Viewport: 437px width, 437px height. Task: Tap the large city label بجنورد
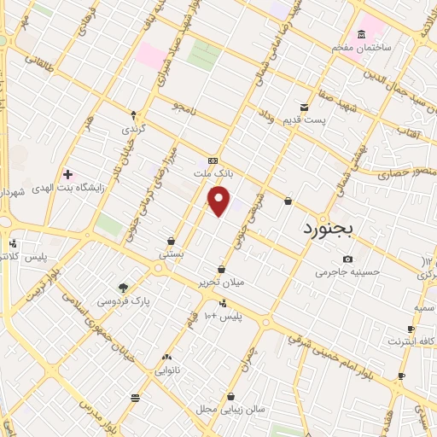pyautogui.click(x=333, y=230)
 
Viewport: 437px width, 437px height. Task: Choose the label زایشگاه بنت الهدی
pyautogui.click(x=67, y=188)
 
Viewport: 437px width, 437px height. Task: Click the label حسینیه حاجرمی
pyautogui.click(x=346, y=273)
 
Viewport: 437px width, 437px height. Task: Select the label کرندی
pyautogui.click(x=133, y=129)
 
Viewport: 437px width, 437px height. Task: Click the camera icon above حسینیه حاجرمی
pyautogui.click(x=347, y=259)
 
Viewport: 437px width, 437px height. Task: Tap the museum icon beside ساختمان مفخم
pyautogui.click(x=361, y=34)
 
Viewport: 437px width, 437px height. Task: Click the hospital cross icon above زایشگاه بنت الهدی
pyautogui.click(x=67, y=174)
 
